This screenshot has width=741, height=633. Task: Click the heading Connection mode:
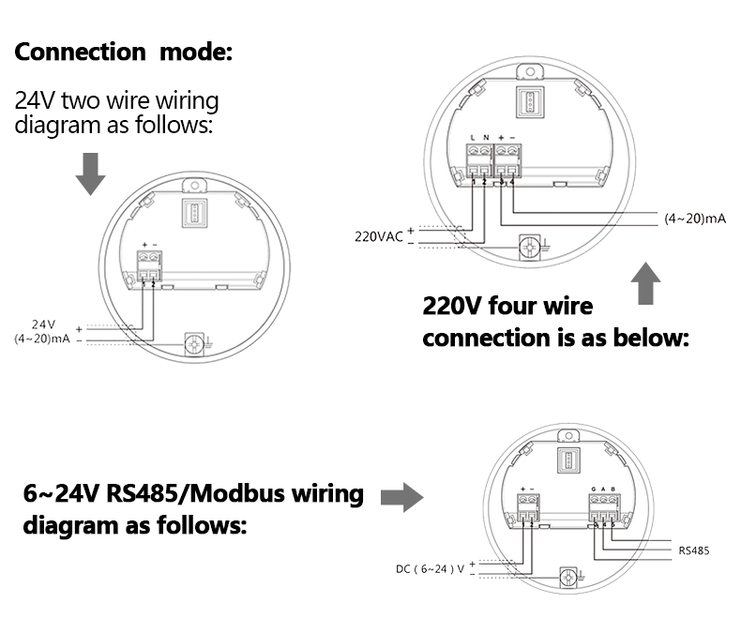tap(122, 52)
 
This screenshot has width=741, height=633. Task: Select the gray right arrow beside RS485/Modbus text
tap(401, 497)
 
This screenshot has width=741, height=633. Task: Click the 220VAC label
tap(378, 236)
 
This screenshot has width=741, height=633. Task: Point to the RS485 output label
tap(693, 550)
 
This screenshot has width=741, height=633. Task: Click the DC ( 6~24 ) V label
tap(431, 568)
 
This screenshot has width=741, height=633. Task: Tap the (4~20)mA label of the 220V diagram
tap(695, 218)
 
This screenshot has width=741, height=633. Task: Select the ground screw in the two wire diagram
tap(195, 344)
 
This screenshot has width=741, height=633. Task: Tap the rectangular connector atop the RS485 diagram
tap(568, 460)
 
